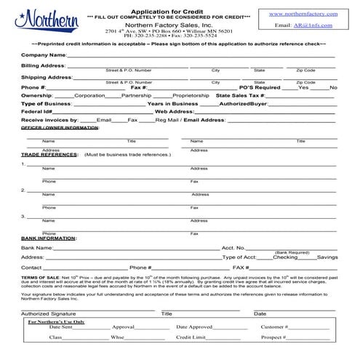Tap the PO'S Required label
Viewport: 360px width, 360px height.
(x=259, y=87)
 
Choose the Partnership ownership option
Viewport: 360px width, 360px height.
(x=136, y=95)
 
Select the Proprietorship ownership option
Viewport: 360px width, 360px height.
(x=191, y=95)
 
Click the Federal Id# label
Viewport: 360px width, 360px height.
(x=36, y=111)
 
